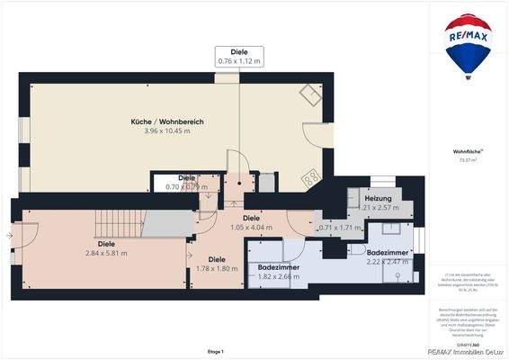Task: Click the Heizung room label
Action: pos(379,198)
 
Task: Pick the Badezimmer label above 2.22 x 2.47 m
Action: pos(388,253)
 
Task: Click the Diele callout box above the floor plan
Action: pos(239,56)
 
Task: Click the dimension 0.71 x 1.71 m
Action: pos(340,228)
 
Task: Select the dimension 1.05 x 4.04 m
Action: pos(251,228)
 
